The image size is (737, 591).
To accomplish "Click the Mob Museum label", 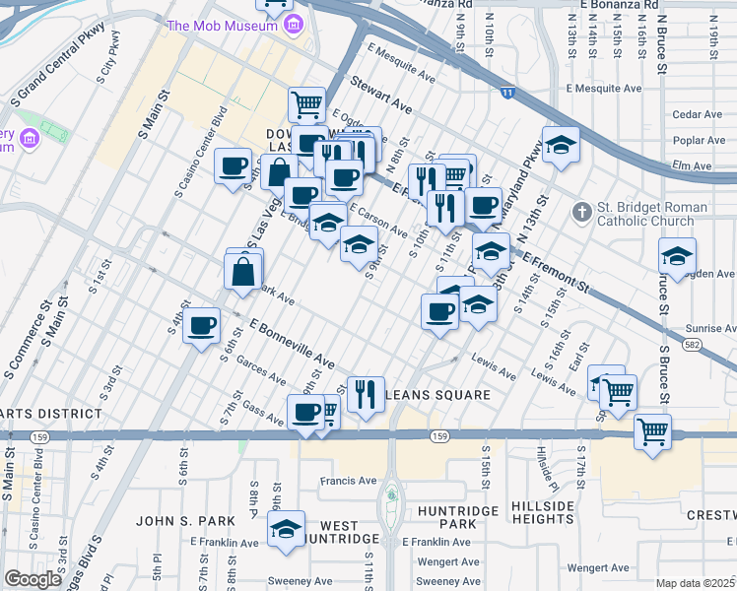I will (223, 26).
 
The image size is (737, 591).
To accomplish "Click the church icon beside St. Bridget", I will (582, 212).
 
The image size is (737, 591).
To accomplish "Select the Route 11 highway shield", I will (506, 93).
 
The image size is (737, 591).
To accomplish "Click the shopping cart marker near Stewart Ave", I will (307, 102).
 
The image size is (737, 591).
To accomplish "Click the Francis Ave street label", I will (350, 482).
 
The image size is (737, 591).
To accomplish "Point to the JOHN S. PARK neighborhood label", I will (185, 520).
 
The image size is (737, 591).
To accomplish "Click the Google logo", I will (33, 578).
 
